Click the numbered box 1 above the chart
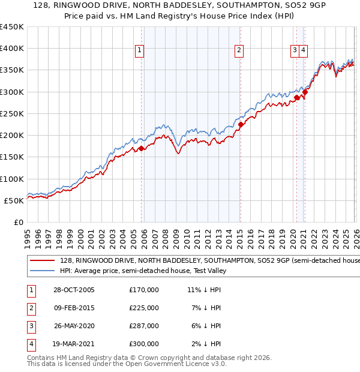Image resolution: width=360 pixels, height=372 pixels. pos(139,51)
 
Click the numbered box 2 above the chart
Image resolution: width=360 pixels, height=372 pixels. pos(239,51)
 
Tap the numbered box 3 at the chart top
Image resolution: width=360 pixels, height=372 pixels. pos(295,51)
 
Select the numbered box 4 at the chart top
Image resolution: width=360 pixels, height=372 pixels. pos(304,51)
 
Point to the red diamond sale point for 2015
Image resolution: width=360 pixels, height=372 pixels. pos(241,125)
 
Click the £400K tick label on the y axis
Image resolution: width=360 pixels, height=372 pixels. pos(12,49)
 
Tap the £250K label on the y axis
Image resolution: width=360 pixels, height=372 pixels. pos(12,113)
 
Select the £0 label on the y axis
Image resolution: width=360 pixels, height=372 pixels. pos(18,222)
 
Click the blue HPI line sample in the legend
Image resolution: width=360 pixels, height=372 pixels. pos(42,271)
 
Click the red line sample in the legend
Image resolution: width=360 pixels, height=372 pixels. pos(42,260)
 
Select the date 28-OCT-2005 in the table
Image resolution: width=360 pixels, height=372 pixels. pos(74,290)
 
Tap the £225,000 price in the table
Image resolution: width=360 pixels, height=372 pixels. pos(144,308)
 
